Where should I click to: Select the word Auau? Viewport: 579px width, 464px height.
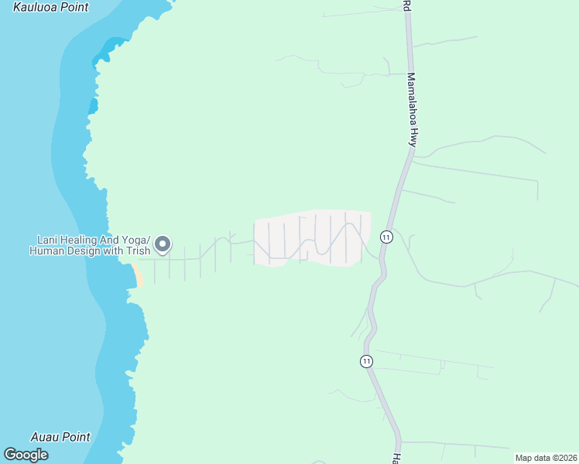click(45, 437)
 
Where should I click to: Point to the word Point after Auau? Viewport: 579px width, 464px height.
click(76, 437)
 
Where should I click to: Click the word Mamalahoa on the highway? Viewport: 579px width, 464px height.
click(411, 99)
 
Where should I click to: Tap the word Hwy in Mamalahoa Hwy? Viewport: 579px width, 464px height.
click(414, 138)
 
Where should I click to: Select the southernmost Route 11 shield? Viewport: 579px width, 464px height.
click(366, 361)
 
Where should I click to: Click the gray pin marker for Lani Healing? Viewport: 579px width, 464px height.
click(163, 244)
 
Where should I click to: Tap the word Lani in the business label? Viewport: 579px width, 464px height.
click(48, 240)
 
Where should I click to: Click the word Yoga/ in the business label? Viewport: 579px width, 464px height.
click(135, 240)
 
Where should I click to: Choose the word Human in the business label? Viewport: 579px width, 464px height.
click(46, 251)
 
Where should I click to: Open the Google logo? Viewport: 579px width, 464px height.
click(26, 455)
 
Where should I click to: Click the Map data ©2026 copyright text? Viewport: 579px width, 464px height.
click(546, 458)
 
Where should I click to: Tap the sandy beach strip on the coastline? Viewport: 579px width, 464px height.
click(138, 275)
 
